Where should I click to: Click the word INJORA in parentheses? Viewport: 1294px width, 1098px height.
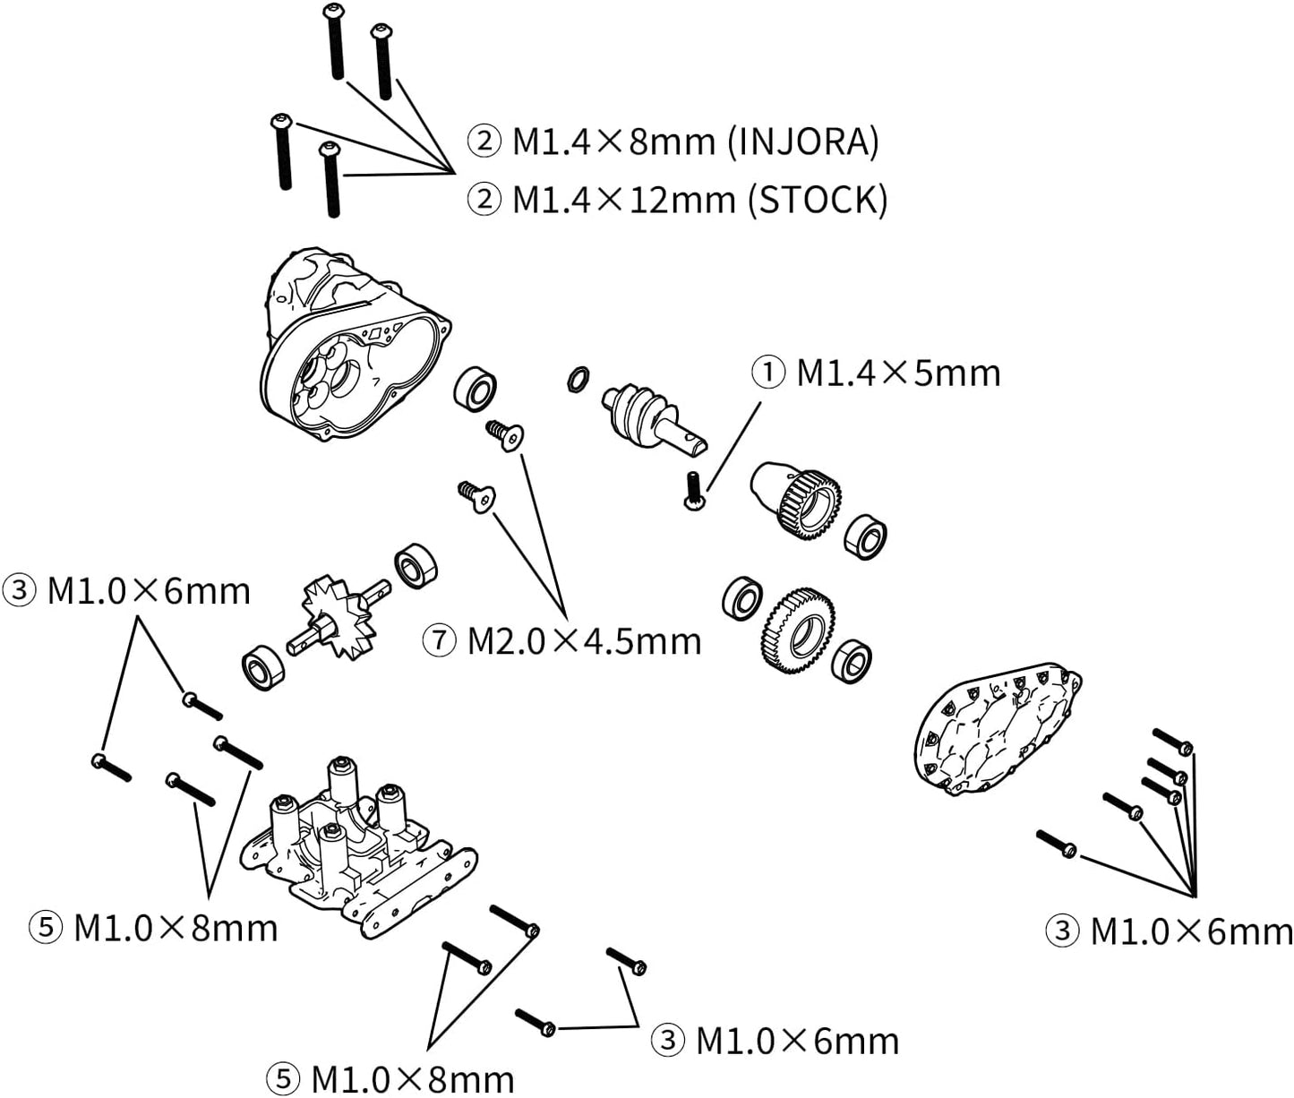[x=803, y=142]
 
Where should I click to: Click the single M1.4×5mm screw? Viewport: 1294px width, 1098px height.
[x=694, y=491]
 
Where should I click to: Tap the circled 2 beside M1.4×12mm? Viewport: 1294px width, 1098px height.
[x=484, y=201]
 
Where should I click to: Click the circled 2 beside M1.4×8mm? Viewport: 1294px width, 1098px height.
[x=484, y=142]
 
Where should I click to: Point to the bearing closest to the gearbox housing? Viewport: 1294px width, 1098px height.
[x=476, y=389]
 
